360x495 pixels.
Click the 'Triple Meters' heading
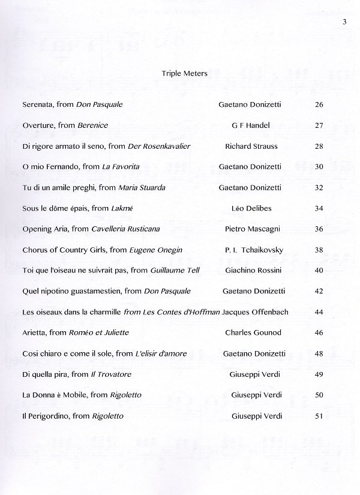[184, 74]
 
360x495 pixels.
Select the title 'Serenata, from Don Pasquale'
[72, 104]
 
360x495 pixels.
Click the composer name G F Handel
[251, 125]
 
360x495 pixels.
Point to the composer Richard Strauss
[251, 146]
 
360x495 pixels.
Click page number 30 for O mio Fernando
[319, 167]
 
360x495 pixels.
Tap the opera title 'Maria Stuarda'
[142, 188]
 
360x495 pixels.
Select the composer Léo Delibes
[251, 208]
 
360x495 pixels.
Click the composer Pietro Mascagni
[252, 229]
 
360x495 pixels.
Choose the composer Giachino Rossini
[251, 271]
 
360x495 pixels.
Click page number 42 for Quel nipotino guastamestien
[319, 291]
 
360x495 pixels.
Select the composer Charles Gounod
[253, 332]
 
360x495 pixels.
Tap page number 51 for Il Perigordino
[319, 416]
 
